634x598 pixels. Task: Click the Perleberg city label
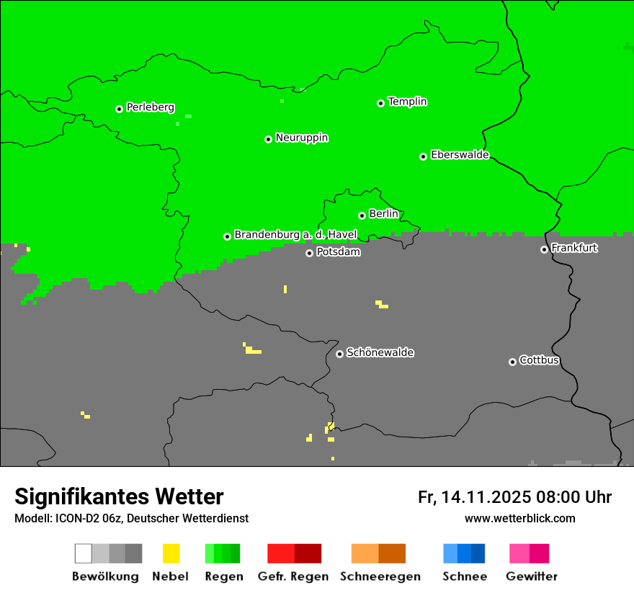click(x=150, y=107)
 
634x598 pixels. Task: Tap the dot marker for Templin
click(x=380, y=103)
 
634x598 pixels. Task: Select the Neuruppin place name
click(x=301, y=138)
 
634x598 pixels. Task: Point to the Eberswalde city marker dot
click(x=424, y=156)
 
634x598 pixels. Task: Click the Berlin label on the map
click(x=383, y=214)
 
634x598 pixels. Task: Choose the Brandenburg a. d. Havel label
click(x=295, y=235)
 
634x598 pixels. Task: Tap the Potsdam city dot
click(x=309, y=253)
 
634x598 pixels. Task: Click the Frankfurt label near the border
click(x=574, y=248)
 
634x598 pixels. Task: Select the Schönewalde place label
click(x=380, y=352)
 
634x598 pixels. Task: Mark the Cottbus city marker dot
click(x=512, y=362)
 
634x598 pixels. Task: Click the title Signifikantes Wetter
click(x=119, y=497)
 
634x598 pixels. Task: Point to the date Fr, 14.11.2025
click(x=475, y=497)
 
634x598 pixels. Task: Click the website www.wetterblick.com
click(x=519, y=518)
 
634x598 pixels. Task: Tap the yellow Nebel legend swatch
click(x=171, y=553)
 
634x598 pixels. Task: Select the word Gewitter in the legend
click(x=531, y=576)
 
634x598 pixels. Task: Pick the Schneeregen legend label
click(x=380, y=576)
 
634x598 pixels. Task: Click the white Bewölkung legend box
click(x=84, y=553)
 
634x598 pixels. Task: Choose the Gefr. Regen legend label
click(x=293, y=576)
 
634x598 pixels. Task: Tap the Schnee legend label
click(x=464, y=576)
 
